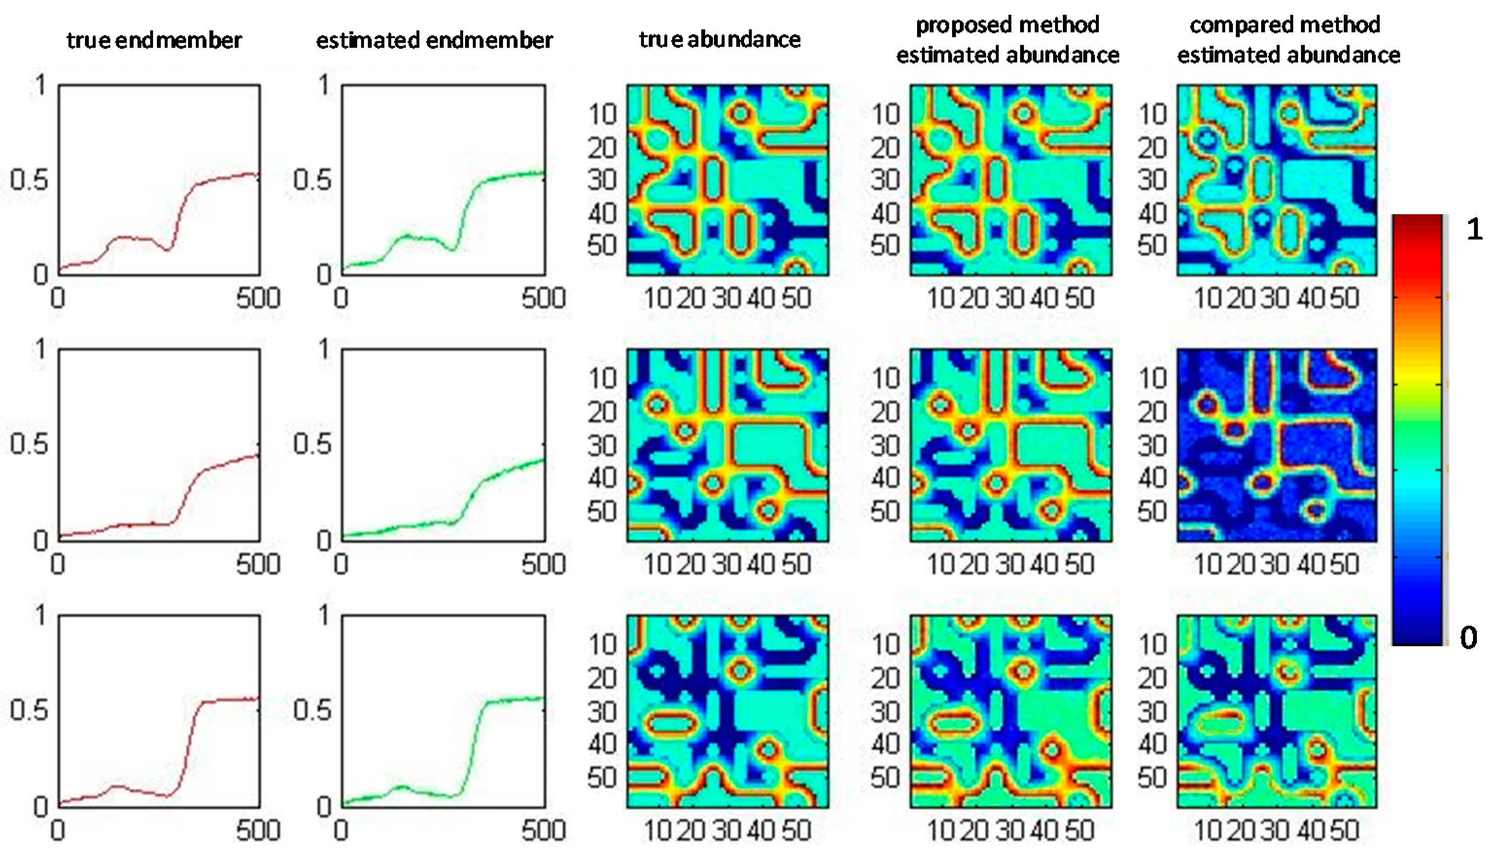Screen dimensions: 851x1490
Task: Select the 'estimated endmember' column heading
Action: click(x=434, y=40)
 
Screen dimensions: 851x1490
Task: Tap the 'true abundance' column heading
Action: click(x=719, y=39)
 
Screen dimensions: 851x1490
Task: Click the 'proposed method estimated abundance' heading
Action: click(x=1007, y=40)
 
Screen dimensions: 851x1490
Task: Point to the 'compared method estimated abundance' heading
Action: click(x=1288, y=40)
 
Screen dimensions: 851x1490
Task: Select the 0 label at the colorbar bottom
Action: click(x=1468, y=637)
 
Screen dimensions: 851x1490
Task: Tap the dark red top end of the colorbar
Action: click(x=1418, y=222)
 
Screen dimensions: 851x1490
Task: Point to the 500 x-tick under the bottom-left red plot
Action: click(x=258, y=830)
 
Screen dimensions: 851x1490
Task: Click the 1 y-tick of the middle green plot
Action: click(x=323, y=350)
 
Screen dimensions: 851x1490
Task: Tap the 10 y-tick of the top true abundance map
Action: click(x=602, y=114)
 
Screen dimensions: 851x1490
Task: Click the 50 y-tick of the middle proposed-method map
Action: click(x=885, y=511)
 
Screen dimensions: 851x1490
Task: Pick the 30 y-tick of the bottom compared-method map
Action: click(x=1152, y=711)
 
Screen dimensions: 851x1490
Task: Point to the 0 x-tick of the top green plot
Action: click(x=341, y=298)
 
